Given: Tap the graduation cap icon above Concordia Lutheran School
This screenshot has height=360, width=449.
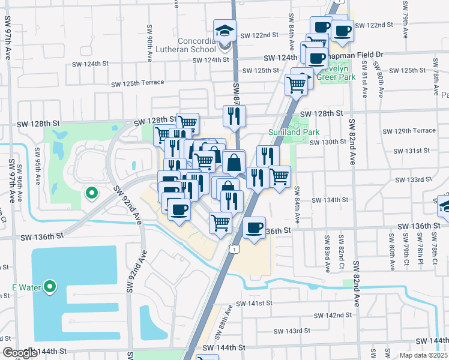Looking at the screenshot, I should coord(225,31).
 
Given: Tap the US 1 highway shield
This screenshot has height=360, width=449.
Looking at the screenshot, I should coord(232,248).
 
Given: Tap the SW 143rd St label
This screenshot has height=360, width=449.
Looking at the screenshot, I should coord(291,331).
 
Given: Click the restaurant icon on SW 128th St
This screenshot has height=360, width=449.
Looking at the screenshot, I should coord(234,116).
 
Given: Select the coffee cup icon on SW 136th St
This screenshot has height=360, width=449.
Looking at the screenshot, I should coord(255,228).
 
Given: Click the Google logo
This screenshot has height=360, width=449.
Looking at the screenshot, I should coord(20,353).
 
